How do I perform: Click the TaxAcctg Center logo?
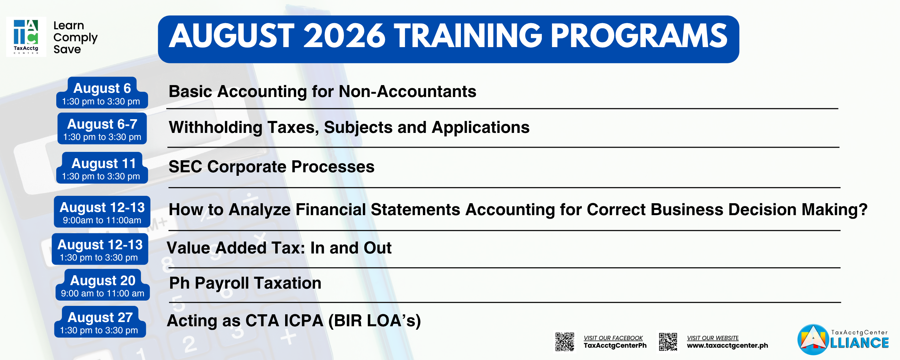pyautogui.click(x=26, y=37)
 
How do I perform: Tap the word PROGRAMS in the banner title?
pyautogui.click(x=639, y=36)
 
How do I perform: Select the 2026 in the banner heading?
pyautogui.click(x=345, y=36)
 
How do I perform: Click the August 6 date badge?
pyautogui.click(x=102, y=93)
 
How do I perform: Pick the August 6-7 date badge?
pyautogui.click(x=102, y=128)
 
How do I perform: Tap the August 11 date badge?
pyautogui.click(x=102, y=168)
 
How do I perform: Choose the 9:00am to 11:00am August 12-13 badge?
pyautogui.click(x=102, y=212)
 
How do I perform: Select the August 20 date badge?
pyautogui.click(x=103, y=285)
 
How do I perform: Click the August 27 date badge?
pyautogui.click(x=100, y=322)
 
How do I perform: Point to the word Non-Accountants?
pyautogui.click(x=407, y=91)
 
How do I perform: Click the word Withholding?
pyautogui.click(x=216, y=127)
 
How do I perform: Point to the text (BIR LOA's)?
pyautogui.click(x=374, y=321)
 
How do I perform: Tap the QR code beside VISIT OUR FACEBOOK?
pyautogui.click(x=565, y=342)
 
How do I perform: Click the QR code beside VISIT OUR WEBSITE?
pyautogui.click(x=668, y=342)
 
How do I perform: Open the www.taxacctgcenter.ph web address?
pyautogui.click(x=727, y=346)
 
